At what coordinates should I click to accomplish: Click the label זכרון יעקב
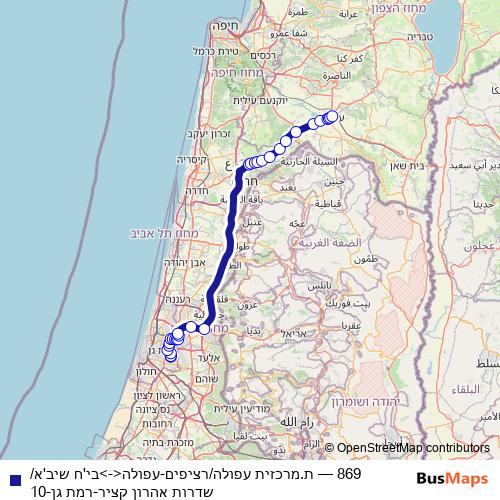[209, 133]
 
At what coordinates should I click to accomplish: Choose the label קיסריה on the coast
[190, 159]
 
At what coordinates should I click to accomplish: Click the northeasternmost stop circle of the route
[331, 116]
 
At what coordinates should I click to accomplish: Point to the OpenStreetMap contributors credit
[412, 448]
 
